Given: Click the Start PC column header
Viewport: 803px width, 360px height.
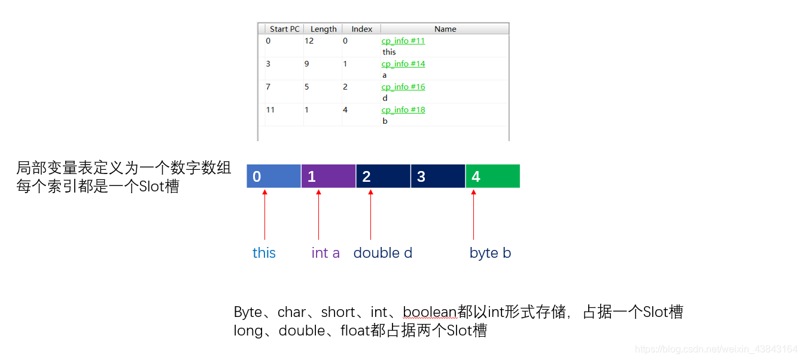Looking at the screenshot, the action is coord(284,29).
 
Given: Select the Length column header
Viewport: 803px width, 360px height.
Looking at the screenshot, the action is coord(323,29).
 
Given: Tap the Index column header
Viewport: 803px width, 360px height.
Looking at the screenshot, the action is coord(361,29).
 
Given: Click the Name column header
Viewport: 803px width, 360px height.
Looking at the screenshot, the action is coord(445,29).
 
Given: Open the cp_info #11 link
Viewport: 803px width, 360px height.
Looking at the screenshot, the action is coord(403,41).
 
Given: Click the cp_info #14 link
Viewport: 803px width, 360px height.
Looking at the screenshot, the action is coord(403,64).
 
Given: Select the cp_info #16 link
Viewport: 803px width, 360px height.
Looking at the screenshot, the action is coord(403,87).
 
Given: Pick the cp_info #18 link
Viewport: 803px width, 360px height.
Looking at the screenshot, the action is coord(403,110).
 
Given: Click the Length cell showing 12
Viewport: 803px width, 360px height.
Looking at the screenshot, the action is coord(309,41).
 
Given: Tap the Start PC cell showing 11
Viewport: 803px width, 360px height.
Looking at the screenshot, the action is coord(270,110).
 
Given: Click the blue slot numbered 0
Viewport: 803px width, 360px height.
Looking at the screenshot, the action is coord(273,176).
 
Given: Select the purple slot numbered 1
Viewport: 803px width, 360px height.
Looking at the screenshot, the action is coord(328,176).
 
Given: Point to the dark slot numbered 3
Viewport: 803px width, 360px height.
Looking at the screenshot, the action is coord(437,176).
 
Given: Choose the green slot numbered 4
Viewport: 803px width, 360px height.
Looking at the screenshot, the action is coord(492,176).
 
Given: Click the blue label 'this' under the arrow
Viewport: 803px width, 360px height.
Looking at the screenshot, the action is coord(264,253).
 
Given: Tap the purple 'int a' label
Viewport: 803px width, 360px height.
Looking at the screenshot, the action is coord(326,253).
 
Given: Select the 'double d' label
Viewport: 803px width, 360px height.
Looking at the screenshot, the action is coord(382,253).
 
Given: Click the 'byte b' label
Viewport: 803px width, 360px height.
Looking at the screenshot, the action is coord(490,253).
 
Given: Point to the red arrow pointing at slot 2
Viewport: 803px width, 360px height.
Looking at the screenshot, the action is coord(370,215).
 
